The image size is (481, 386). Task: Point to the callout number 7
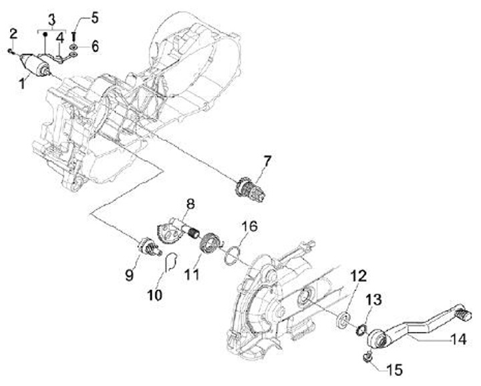(267, 160)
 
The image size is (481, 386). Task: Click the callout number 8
(190, 203)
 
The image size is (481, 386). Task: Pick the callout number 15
(393, 368)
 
